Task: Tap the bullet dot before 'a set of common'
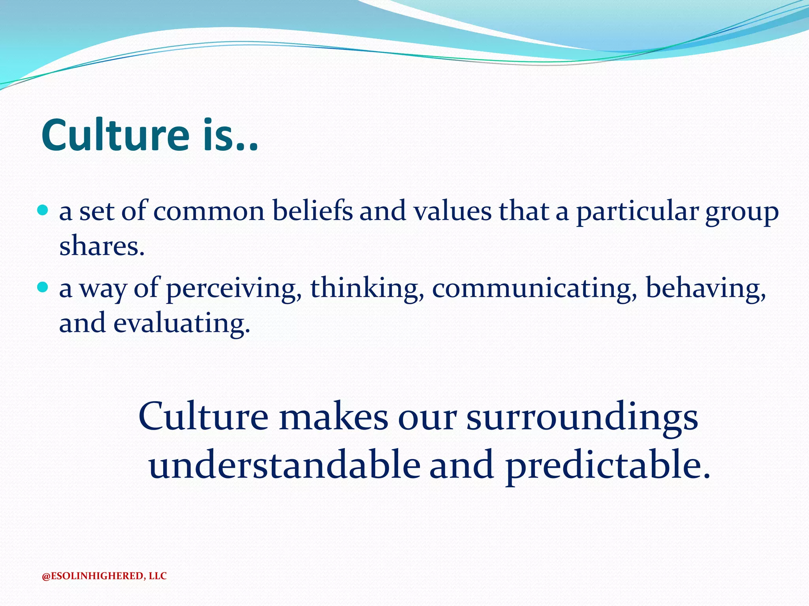pos(43,209)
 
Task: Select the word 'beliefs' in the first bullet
pos(312,211)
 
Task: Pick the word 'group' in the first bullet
pos(742,213)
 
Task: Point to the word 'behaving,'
pos(706,288)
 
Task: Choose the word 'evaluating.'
pos(182,324)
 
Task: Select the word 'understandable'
pos(284,466)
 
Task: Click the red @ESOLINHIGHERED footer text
pos(104,576)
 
